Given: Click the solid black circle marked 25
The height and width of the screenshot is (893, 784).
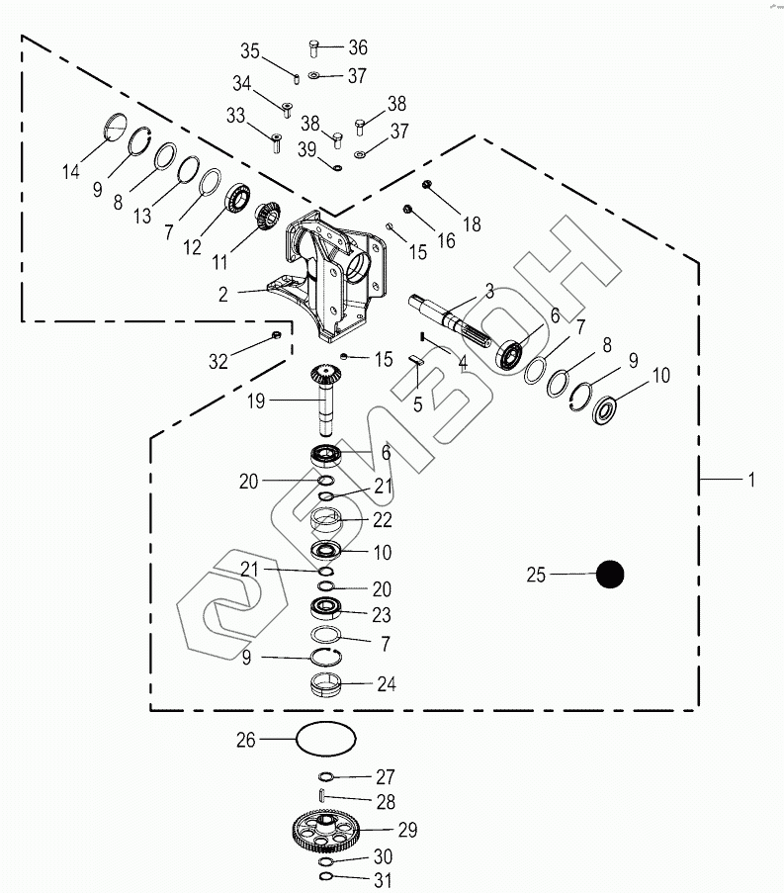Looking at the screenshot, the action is pyautogui.click(x=610, y=574).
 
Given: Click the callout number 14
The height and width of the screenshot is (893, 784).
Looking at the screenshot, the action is pyautogui.click(x=70, y=171).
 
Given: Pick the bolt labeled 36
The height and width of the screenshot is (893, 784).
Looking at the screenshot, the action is pyautogui.click(x=313, y=47).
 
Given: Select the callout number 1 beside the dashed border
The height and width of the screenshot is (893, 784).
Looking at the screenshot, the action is pyautogui.click(x=751, y=480).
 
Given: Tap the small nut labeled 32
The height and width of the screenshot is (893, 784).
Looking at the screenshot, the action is pyautogui.click(x=276, y=334).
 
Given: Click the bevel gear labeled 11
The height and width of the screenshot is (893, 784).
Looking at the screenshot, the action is pyautogui.click(x=267, y=216).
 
